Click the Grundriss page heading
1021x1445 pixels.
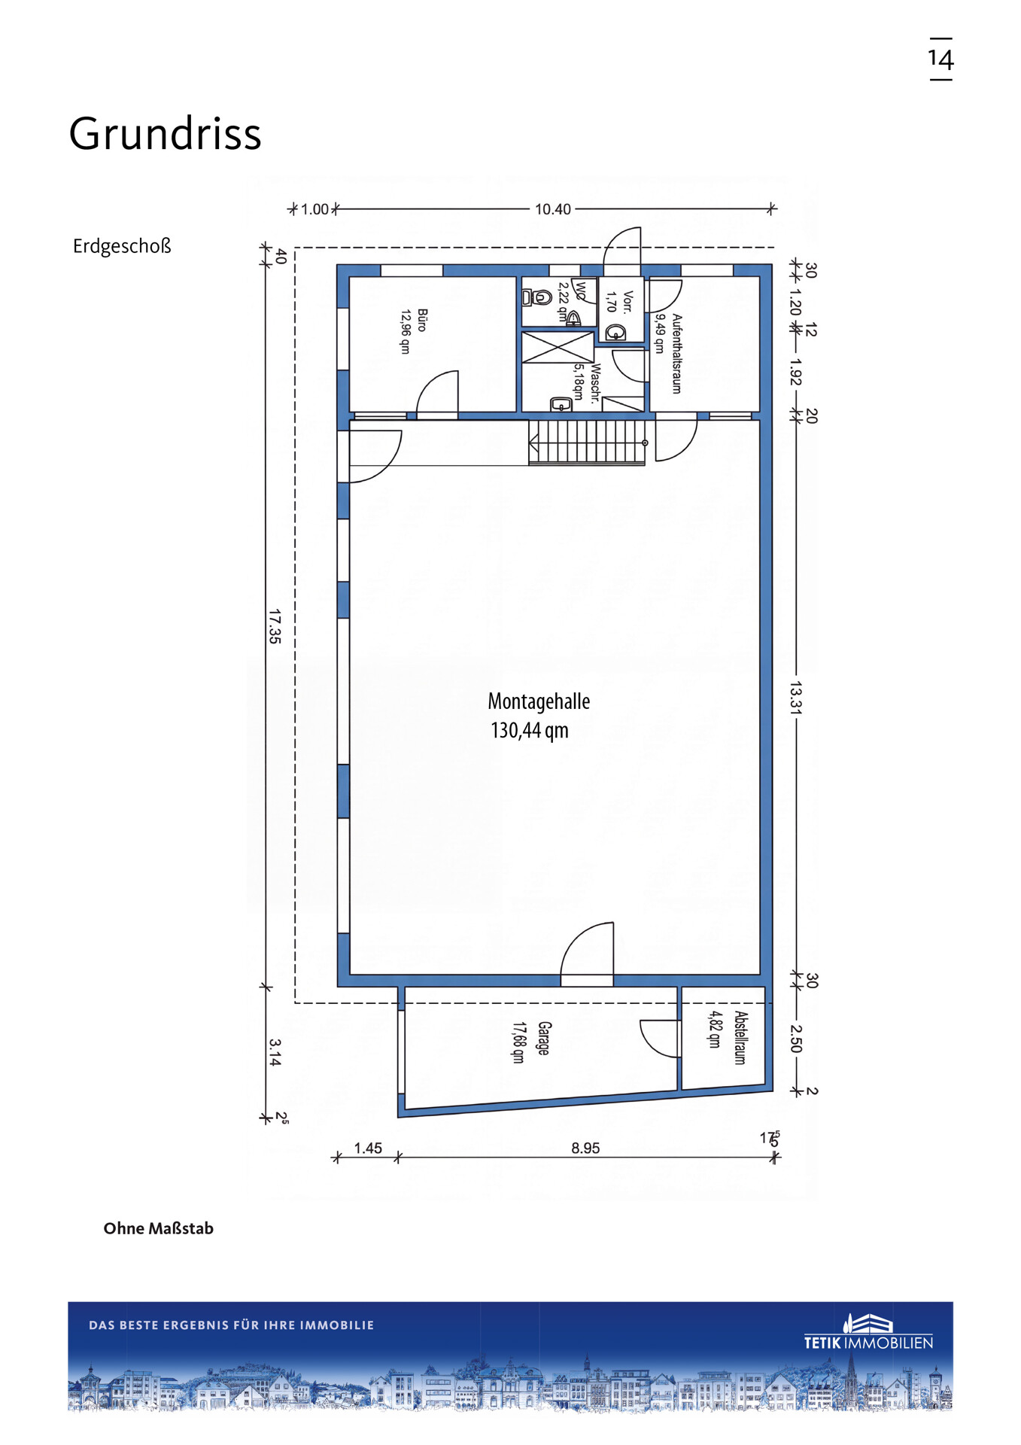(165, 134)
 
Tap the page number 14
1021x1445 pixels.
(940, 59)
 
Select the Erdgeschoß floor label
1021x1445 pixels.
(122, 246)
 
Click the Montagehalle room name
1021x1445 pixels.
(539, 701)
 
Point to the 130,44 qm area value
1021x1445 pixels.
(530, 731)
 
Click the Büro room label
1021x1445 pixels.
(422, 320)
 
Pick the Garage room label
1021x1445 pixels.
(544, 1038)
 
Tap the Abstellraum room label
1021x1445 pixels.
(740, 1037)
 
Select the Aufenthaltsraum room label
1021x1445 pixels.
(676, 354)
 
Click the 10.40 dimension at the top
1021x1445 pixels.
(553, 209)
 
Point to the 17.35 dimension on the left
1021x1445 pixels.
(275, 626)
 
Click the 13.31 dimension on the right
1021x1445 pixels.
(796, 698)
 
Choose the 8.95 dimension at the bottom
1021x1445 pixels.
(585, 1148)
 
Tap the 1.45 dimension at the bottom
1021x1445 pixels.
(368, 1148)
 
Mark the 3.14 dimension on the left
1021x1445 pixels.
(275, 1052)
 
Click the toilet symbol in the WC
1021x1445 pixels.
(537, 297)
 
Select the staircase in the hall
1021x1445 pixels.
(587, 443)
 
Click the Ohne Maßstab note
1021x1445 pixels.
(158, 1228)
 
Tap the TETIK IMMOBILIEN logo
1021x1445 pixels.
(868, 1333)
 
